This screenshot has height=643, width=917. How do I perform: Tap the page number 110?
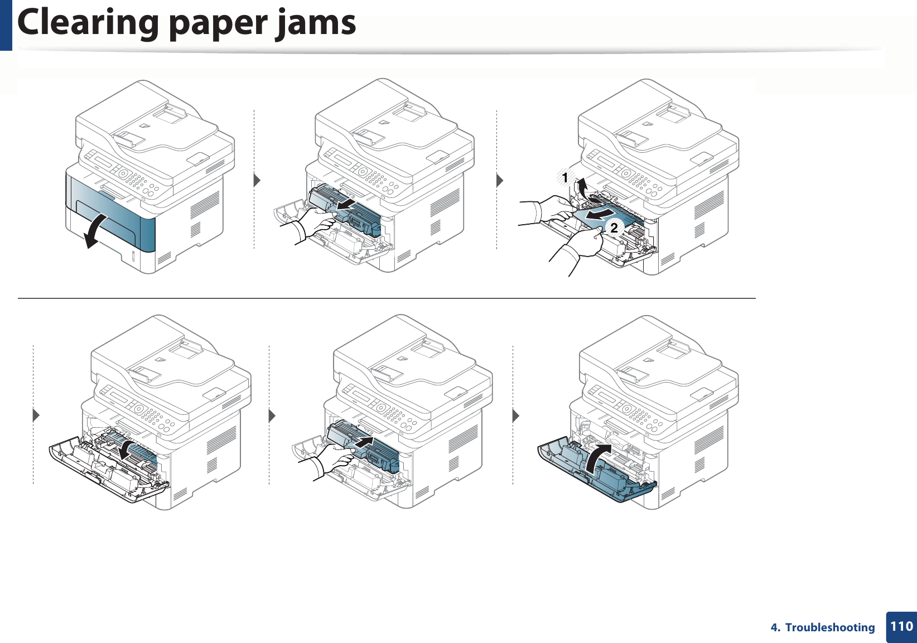pos(901,626)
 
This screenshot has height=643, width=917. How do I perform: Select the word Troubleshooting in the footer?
pos(830,627)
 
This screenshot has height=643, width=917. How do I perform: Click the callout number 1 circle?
pos(565,178)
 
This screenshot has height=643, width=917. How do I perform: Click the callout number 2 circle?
pos(614,228)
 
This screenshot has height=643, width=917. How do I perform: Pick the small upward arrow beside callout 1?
pos(582,185)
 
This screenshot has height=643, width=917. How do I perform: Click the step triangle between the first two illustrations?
pos(257,180)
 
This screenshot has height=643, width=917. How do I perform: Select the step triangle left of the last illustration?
pos(516,416)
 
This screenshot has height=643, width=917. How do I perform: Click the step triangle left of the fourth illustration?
pos(36,416)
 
